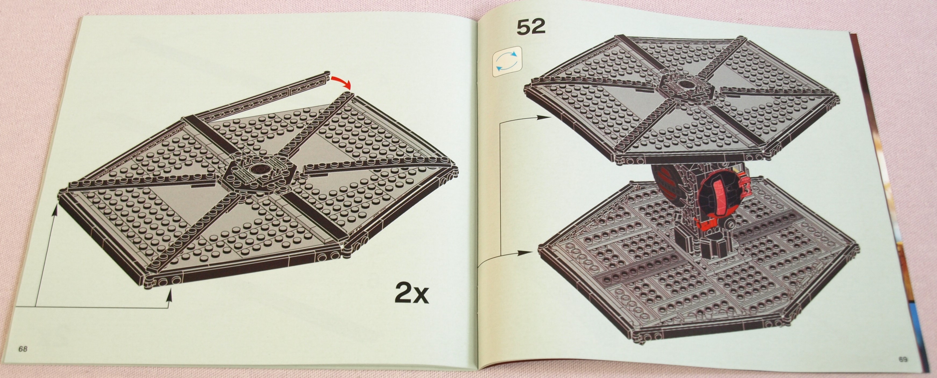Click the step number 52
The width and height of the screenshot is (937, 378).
pyautogui.click(x=531, y=27)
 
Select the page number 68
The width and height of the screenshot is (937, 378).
pyautogui.click(x=23, y=349)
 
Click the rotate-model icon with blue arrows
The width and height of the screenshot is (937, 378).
pyautogui.click(x=507, y=61)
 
